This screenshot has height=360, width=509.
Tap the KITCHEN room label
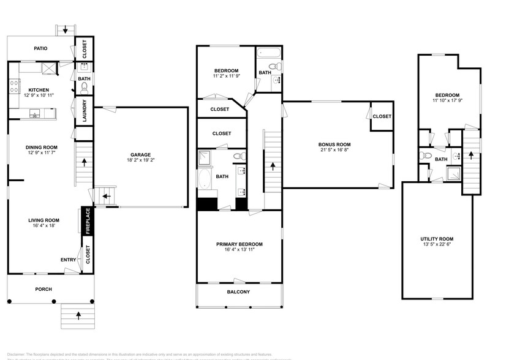(x=39, y=89)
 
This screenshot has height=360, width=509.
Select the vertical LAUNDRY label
(x=85, y=111)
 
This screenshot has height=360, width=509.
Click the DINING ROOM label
(x=41, y=147)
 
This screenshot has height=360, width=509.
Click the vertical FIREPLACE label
(x=88, y=220)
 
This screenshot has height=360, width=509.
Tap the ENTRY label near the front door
(x=69, y=260)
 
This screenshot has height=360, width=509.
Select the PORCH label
(x=43, y=289)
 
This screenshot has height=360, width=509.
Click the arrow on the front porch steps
(x=78, y=315)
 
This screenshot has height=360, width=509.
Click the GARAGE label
(x=141, y=154)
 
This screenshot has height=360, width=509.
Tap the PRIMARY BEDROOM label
(x=239, y=244)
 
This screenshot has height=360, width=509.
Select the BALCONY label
(x=238, y=292)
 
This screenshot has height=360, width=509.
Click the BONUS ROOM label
(x=335, y=144)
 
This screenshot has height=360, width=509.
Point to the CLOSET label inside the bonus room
(x=382, y=116)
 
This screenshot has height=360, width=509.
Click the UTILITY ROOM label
(x=437, y=238)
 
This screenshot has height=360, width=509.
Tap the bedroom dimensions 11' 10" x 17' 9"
(x=447, y=101)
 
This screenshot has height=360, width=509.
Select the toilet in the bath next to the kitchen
(x=84, y=88)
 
